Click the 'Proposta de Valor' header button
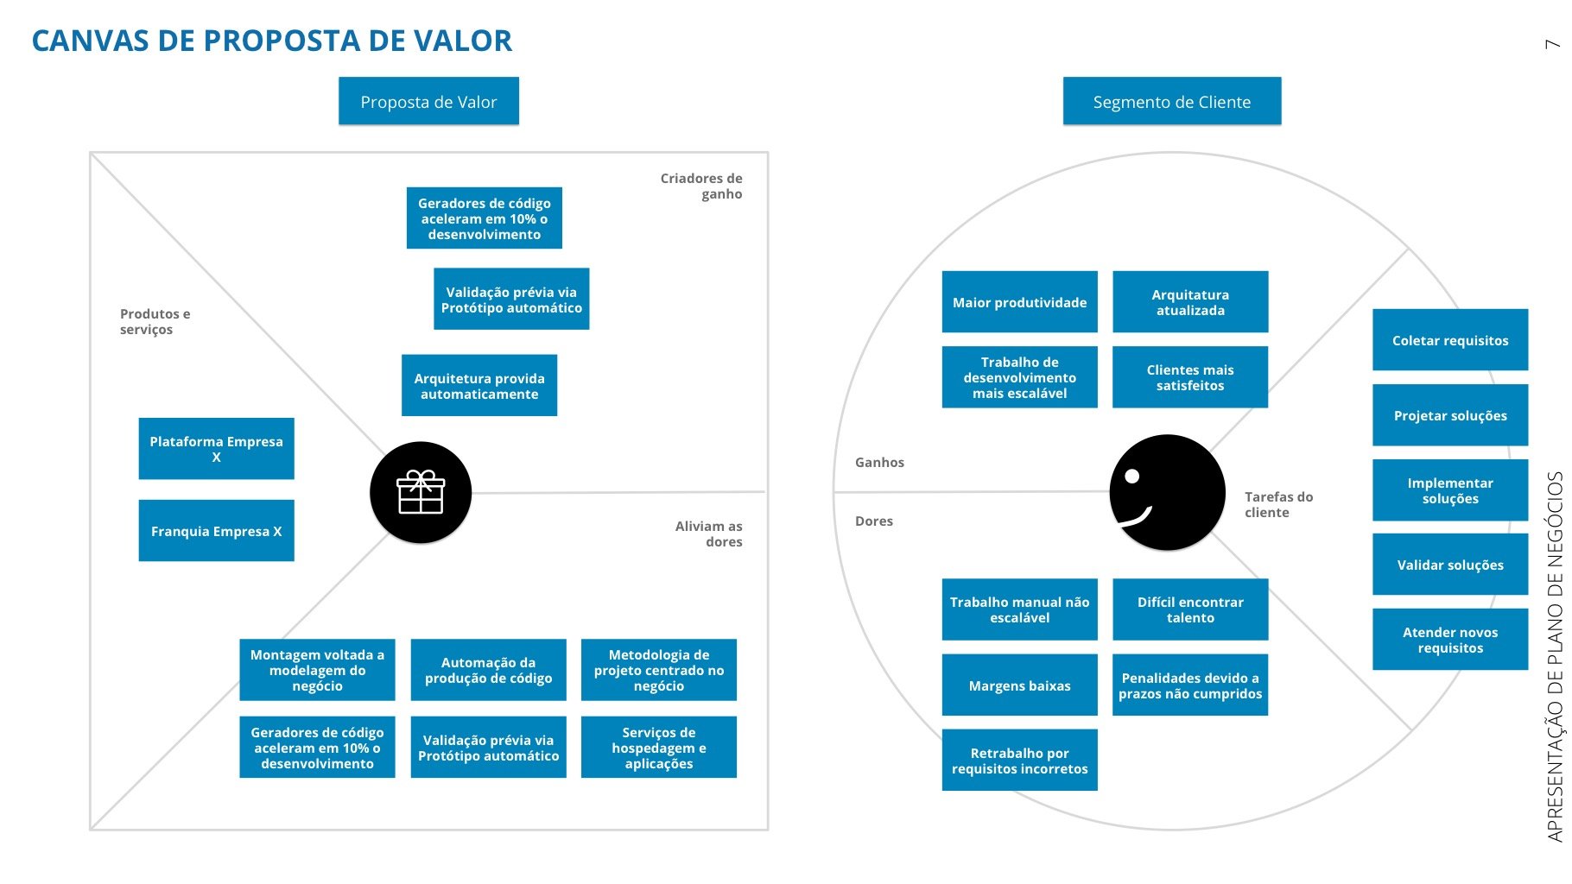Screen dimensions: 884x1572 pos(428,102)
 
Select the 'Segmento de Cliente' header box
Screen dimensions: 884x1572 pos(1171,102)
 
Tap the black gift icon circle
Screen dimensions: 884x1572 pos(421,493)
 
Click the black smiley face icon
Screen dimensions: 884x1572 pos(1167,492)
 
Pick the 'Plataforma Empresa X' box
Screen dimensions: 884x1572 pos(216,449)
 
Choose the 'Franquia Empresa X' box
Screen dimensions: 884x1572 pos(216,531)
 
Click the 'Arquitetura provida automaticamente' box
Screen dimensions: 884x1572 pos(479,386)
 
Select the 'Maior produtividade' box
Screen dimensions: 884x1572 pos(1019,302)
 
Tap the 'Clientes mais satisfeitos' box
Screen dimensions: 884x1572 pos(1190,377)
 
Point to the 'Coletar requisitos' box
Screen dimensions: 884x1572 pos(1450,340)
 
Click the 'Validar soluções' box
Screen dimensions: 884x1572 pos(1450,565)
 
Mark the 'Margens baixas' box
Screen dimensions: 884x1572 pos(1019,685)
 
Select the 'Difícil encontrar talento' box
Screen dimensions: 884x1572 pos(1190,609)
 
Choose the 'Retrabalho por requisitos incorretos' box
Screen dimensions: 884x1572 pos(1019,761)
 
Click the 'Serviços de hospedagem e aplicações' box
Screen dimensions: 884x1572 pos(658,748)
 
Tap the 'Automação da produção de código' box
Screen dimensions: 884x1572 pos(488,670)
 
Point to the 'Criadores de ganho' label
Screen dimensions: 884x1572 pos(701,186)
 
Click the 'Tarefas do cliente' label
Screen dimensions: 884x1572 pos(1278,504)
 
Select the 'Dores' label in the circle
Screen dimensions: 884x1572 pos(874,521)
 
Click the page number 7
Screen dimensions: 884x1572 pos(1552,44)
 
